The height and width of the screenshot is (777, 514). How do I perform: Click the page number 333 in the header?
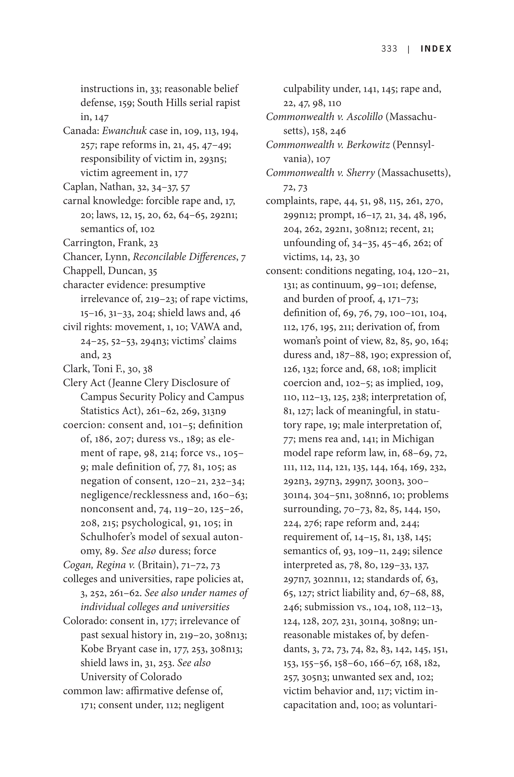389,49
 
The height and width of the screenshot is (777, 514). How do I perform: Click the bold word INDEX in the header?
436,49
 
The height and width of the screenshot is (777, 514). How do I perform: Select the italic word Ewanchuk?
124,131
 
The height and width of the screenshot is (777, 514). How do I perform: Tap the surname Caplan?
79,187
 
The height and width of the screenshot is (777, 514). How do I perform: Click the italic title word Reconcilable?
159,257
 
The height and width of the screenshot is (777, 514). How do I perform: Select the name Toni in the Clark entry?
103,369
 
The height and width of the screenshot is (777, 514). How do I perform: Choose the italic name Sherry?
362,173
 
